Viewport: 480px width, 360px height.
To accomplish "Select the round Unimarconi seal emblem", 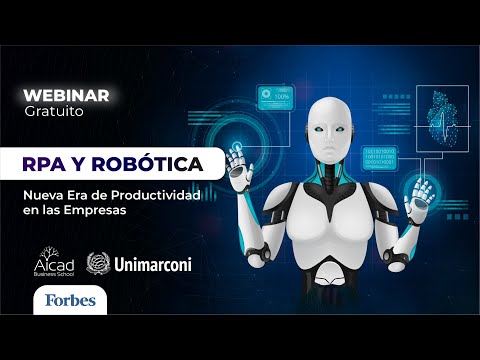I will coord(100,263).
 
